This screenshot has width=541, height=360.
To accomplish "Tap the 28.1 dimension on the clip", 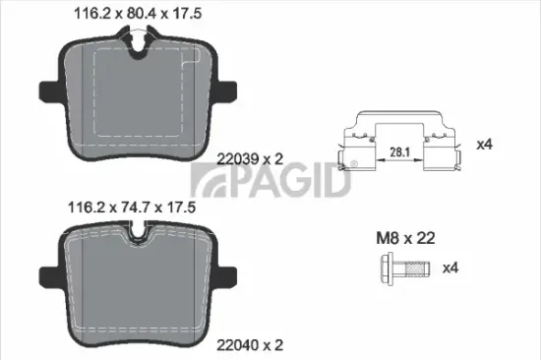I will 398,152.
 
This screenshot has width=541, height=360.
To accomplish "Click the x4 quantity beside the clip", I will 484,145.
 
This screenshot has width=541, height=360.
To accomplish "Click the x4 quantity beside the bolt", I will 451,268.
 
